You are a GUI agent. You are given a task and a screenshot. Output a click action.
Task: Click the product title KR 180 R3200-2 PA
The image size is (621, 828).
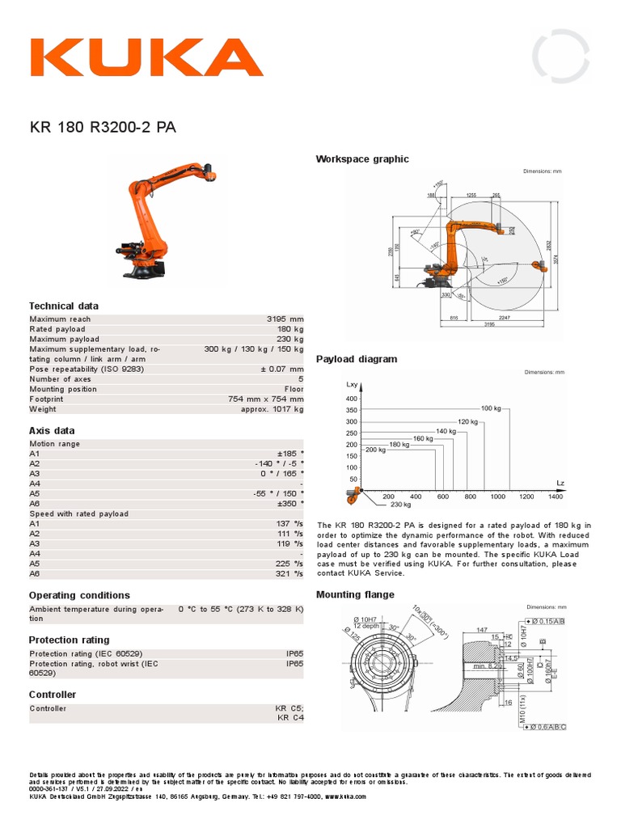coord(103,127)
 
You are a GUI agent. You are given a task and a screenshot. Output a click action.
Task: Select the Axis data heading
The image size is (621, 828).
coord(52,431)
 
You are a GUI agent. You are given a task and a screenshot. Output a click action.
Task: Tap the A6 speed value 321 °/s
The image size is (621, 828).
coord(288,573)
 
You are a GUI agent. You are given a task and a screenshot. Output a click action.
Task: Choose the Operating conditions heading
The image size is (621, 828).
coord(79,595)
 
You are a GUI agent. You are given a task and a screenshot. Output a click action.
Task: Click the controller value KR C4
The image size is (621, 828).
coord(290,716)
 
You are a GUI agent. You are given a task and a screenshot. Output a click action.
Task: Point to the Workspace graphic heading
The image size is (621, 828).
coord(362,159)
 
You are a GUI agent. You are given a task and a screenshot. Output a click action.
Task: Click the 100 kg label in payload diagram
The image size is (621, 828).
coord(491,408)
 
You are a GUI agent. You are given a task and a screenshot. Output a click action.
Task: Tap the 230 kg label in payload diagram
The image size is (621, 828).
coord(401,504)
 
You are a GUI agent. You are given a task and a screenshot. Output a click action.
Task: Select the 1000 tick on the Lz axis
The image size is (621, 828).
coord(497,496)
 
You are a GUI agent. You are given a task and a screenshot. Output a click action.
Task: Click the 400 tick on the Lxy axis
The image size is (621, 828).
coord(351,399)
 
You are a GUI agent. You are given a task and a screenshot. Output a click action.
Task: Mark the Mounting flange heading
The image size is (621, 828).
coord(355,594)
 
